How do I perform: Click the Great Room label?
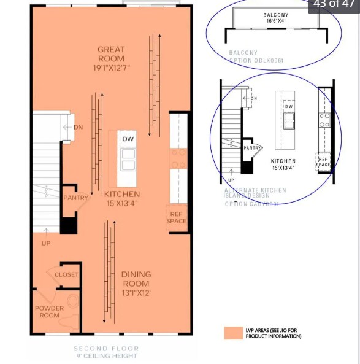tap(111, 54)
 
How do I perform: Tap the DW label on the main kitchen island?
tap(128, 139)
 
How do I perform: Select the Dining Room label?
tap(136, 279)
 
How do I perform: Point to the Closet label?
tap(66, 274)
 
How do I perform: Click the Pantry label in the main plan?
tap(75, 198)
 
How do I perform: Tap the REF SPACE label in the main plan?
tap(177, 217)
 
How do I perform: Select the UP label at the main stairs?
tap(46, 243)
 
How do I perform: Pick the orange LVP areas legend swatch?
tap(233, 333)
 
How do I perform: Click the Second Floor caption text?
tap(107, 349)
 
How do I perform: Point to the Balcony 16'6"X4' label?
tap(276, 18)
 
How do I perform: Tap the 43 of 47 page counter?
tap(334, 4)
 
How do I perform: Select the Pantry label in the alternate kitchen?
tap(253, 148)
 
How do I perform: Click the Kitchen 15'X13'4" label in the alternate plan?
tap(283, 164)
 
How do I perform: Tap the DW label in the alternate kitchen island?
tap(288, 106)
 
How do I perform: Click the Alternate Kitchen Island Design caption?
tap(255, 193)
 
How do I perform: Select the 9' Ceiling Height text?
tap(107, 356)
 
